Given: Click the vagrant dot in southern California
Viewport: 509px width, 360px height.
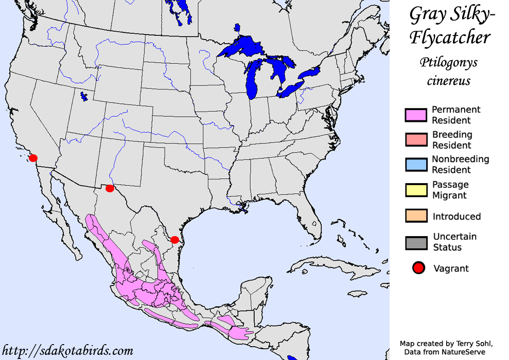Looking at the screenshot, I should pyautogui.click(x=33, y=158).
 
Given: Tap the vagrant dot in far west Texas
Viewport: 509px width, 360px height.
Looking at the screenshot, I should pyautogui.click(x=110, y=188).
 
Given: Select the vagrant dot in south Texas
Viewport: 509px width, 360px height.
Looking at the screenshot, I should pyautogui.click(x=174, y=240).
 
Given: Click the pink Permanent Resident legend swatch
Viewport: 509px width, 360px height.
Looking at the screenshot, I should pyautogui.click(x=416, y=115).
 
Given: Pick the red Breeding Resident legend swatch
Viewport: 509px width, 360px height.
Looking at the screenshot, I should pyautogui.click(x=416, y=140).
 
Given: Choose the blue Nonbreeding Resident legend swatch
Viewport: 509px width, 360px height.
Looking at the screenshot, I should pyautogui.click(x=416, y=165).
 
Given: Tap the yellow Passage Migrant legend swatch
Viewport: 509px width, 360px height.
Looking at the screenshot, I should pyautogui.click(x=416, y=190).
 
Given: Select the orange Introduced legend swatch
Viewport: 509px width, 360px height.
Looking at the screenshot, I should pyautogui.click(x=416, y=216).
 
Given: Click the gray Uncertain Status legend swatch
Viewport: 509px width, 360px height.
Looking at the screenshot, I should pyautogui.click(x=416, y=242).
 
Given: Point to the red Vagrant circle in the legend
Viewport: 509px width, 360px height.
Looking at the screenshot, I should pyautogui.click(x=418, y=268).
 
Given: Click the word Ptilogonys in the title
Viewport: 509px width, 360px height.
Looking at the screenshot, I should pyautogui.click(x=448, y=63).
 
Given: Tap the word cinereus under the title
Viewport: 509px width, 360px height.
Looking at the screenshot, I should pyautogui.click(x=448, y=81).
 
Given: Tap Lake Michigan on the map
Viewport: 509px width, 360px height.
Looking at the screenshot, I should pyautogui.click(x=252, y=80).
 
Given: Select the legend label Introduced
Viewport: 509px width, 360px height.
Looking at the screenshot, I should pyautogui.click(x=457, y=217).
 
